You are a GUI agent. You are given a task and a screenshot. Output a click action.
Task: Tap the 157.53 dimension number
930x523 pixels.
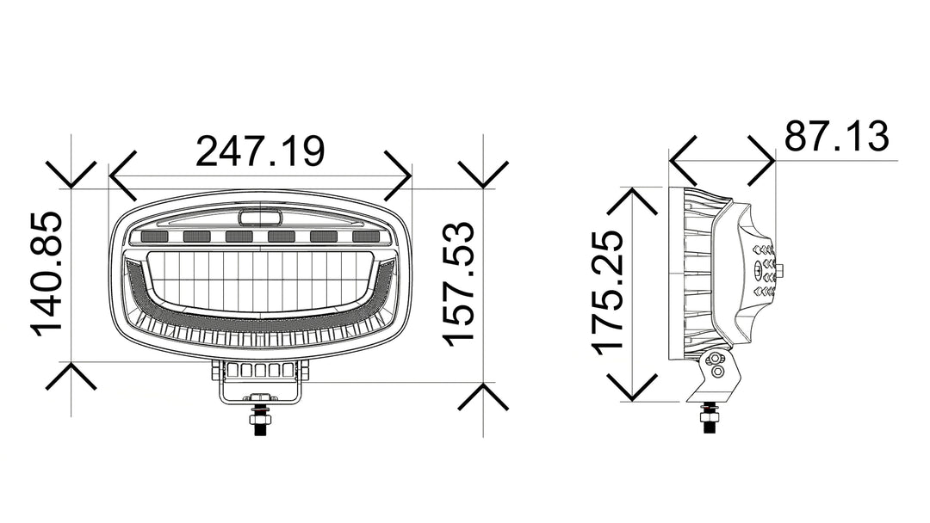(460, 283)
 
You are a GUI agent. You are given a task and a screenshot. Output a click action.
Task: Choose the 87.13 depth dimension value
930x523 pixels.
(835, 137)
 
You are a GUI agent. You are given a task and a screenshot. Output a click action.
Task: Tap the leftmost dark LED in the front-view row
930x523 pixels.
(155, 237)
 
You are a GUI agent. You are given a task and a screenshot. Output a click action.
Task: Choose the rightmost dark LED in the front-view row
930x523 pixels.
(365, 237)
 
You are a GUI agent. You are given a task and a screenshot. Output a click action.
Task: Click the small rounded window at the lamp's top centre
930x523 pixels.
(260, 216)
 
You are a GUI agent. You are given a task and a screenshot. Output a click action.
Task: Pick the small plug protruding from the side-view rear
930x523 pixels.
(783, 271)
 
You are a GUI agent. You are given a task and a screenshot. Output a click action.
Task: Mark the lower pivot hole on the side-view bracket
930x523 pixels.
(716, 372)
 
